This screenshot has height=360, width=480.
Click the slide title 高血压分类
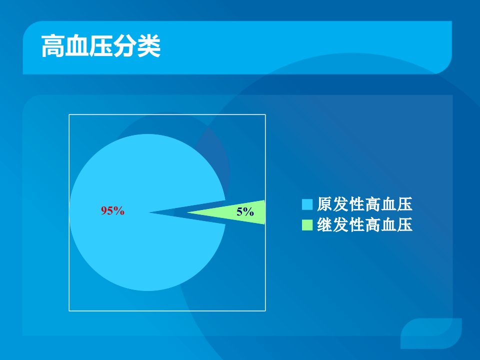click(101, 46)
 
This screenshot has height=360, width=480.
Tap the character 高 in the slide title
click(53, 46)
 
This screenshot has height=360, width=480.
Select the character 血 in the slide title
click(77, 46)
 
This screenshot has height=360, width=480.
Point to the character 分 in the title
click(125, 46)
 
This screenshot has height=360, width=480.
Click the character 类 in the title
click(149, 46)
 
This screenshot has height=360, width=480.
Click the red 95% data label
click(112, 210)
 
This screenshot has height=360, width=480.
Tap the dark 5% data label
click(245, 211)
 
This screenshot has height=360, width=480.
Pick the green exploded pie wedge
click(239, 212)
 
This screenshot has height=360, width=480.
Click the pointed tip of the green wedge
click(187, 212)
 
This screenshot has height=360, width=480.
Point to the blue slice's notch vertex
click(149, 212)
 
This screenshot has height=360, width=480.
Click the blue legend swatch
click(307, 204)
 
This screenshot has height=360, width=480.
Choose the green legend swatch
click(307, 225)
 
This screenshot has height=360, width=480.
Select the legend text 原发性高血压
click(364, 204)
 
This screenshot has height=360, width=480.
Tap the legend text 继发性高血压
click(364, 224)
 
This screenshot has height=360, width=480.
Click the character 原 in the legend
click(325, 204)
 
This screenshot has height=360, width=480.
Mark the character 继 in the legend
click(325, 224)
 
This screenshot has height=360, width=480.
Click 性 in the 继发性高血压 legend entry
click(356, 224)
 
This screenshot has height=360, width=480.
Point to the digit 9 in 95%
click(104, 210)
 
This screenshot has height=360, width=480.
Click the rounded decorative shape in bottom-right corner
click(431, 333)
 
